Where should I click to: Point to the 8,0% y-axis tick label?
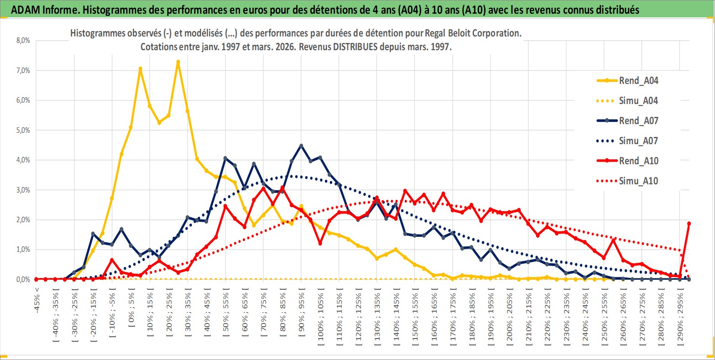22,41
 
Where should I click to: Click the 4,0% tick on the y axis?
22,160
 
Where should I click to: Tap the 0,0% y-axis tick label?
22,279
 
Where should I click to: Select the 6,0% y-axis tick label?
22,100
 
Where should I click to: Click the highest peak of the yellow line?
178,62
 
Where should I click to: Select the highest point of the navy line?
301,146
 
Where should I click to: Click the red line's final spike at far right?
689,224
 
